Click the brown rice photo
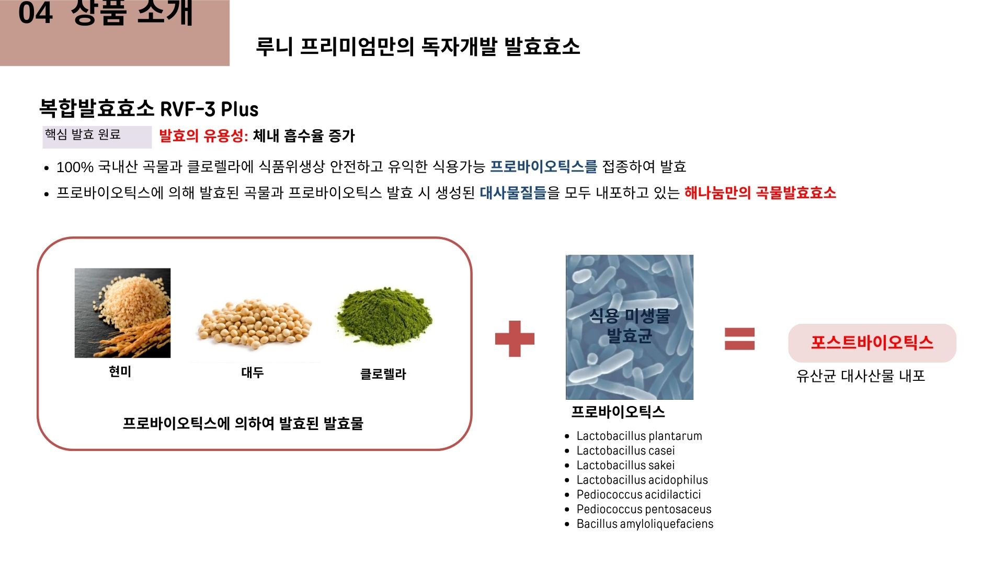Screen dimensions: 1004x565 [x=122, y=313]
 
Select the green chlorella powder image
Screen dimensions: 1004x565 [x=384, y=316]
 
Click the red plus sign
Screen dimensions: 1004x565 [x=515, y=338]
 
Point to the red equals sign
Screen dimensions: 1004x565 [x=739, y=338]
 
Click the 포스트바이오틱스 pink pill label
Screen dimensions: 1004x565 [x=872, y=343]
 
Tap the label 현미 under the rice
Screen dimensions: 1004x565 [x=120, y=371]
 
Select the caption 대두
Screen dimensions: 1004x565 [x=252, y=372]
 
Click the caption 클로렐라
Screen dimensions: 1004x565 [x=383, y=374]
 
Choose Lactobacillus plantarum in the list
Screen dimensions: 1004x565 [x=639, y=436]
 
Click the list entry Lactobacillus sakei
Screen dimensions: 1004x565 [x=625, y=465]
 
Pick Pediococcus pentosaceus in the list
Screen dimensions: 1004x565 [x=644, y=509]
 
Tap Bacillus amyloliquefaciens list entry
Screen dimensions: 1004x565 [x=645, y=524]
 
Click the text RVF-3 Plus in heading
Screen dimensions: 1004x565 [x=209, y=109]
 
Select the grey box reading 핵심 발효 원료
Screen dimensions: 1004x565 [x=97, y=137]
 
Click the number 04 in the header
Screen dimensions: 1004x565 [x=35, y=13]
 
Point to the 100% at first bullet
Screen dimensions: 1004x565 [x=75, y=167]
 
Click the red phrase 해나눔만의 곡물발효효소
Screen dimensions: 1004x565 [x=760, y=193]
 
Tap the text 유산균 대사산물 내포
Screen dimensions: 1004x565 [x=861, y=376]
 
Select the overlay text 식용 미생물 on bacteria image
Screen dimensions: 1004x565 [x=630, y=315]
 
